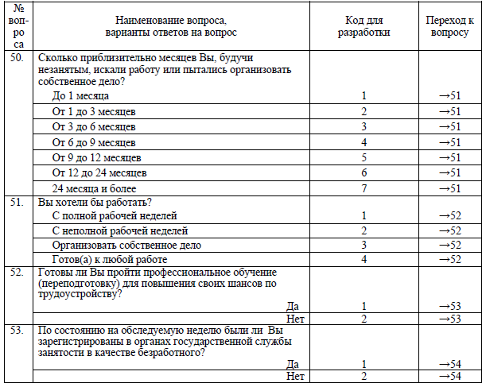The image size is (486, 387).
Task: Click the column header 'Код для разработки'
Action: click(x=364, y=27)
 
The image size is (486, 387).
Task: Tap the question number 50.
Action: click(x=17, y=58)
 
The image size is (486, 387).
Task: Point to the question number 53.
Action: click(x=17, y=329)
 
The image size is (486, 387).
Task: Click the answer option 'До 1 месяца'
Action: click(x=80, y=96)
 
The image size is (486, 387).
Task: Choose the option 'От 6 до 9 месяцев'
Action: click(x=92, y=142)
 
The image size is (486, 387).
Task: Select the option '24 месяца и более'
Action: click(x=94, y=188)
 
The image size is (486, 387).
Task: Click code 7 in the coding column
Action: click(x=364, y=188)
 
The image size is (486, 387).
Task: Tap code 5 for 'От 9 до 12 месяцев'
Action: click(x=364, y=157)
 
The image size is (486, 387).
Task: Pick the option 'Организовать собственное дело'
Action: click(x=126, y=246)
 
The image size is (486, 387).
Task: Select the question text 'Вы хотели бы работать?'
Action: click(x=95, y=203)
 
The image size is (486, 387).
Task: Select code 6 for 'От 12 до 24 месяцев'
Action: click(x=364, y=172)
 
